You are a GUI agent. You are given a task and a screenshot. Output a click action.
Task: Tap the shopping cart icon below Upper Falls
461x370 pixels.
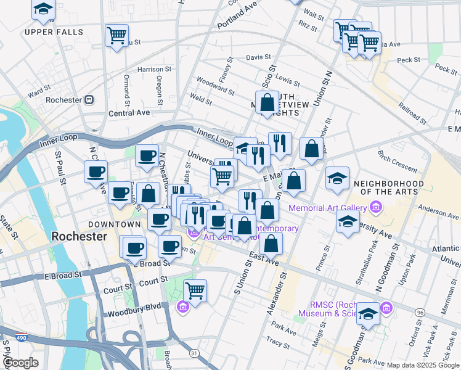[x=116, y=35]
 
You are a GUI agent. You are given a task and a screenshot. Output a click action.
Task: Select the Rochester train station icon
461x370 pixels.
[x=89, y=99]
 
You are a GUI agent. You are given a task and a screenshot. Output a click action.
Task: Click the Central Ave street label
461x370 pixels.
[x=129, y=113]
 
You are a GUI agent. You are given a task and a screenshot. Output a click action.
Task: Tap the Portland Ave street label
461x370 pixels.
[x=237, y=13]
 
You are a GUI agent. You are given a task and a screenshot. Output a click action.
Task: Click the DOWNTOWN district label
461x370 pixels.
[x=114, y=224]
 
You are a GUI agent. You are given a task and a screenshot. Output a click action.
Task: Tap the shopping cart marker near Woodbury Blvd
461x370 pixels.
[x=195, y=290]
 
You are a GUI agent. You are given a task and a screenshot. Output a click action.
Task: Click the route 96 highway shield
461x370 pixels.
[x=420, y=313]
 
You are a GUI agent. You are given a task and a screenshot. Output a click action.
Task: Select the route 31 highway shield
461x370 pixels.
[x=195, y=352]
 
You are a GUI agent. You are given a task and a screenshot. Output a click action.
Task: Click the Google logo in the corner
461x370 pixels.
[x=20, y=363]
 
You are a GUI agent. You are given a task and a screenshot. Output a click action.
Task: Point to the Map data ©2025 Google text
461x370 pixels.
[x=423, y=365]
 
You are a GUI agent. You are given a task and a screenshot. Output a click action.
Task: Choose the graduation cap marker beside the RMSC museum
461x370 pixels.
[x=368, y=314]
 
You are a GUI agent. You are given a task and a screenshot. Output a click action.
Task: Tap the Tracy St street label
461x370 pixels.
[x=277, y=340]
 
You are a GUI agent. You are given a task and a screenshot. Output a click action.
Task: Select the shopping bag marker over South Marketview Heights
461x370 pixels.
[x=267, y=102]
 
